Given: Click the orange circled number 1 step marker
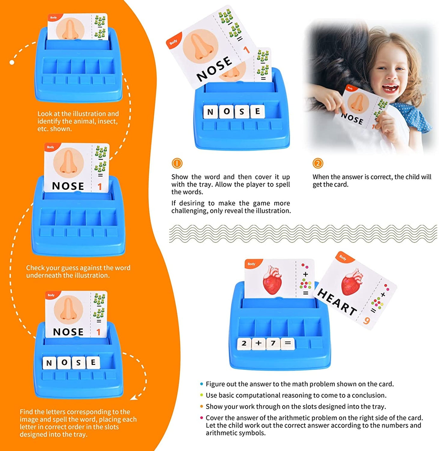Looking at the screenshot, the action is click(x=177, y=163).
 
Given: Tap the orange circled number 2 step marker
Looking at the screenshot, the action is click(x=318, y=163).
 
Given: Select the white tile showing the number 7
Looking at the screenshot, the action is click(x=273, y=344).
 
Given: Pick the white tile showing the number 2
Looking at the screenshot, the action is click(x=244, y=344).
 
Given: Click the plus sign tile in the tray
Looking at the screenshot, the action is click(x=259, y=344).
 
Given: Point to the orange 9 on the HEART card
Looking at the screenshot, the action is click(x=366, y=321).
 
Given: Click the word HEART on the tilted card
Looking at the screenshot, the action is click(x=337, y=302).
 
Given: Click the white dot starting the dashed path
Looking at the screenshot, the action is click(x=12, y=62).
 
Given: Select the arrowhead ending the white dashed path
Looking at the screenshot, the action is click(x=133, y=398).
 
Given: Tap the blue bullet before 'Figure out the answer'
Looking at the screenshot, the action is click(x=201, y=384).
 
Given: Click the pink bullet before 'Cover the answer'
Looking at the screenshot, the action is click(x=201, y=418).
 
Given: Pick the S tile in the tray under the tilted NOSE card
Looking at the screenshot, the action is click(x=242, y=112).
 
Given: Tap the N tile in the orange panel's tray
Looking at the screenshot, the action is click(x=49, y=363).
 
